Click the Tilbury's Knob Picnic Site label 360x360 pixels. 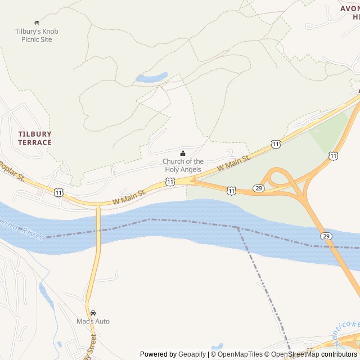click(37, 35)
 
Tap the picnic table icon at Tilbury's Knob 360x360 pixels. click(37, 23)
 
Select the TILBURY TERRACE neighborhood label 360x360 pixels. click(34, 138)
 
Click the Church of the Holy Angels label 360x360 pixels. click(183, 165)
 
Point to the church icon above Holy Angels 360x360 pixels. click(183, 154)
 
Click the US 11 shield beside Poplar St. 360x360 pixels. click(59, 193)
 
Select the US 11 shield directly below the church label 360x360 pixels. click(170, 181)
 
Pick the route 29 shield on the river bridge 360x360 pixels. click(326, 236)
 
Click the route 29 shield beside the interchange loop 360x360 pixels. click(258, 188)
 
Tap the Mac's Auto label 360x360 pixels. click(93, 321)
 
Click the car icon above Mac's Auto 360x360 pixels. click(93, 313)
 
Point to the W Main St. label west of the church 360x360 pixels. click(129, 196)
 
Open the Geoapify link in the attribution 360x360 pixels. click(192, 354)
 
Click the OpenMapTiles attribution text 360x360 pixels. click(238, 354)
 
